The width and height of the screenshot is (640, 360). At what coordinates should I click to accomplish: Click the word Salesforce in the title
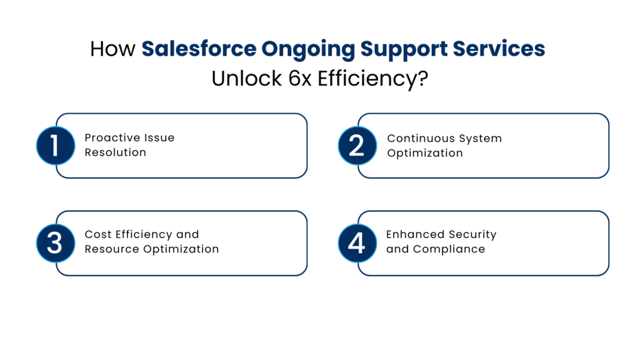(199, 49)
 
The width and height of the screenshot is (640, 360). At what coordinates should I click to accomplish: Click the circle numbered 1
(55, 146)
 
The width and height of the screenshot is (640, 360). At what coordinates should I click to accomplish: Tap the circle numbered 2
(357, 146)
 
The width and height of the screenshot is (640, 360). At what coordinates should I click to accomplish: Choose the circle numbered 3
(55, 242)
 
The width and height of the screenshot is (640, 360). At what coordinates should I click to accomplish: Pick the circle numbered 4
(357, 242)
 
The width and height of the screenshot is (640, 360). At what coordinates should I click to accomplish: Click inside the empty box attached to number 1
(191, 146)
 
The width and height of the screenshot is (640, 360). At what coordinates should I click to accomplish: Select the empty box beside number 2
(492, 146)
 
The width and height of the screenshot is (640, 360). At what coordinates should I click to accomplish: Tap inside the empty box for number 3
(191, 242)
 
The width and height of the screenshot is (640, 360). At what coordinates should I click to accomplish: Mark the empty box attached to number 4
(492, 242)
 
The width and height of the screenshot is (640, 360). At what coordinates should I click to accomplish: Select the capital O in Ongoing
(269, 49)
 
